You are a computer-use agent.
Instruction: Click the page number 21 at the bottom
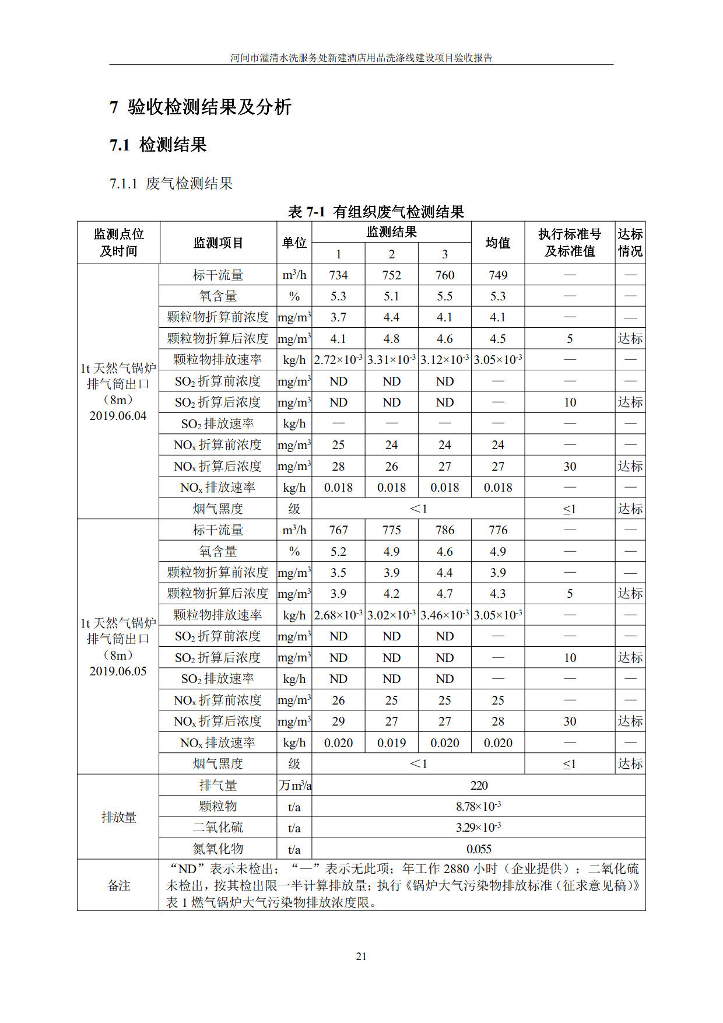click(361, 956)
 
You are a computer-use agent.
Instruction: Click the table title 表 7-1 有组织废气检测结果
click(375, 212)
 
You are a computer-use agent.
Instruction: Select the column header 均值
click(497, 243)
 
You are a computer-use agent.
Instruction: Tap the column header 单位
click(294, 243)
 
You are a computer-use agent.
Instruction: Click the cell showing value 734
click(338, 275)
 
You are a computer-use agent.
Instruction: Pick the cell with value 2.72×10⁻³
click(338, 360)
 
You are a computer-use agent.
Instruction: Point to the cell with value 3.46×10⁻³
click(444, 615)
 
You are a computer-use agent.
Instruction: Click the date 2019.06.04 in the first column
click(118, 416)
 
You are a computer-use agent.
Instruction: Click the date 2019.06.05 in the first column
click(118, 671)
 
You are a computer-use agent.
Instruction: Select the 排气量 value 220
click(479, 785)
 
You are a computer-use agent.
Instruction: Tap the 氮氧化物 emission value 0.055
click(479, 849)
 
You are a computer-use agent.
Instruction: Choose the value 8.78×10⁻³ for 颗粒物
click(479, 807)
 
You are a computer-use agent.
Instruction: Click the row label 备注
click(118, 885)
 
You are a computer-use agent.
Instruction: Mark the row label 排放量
click(118, 817)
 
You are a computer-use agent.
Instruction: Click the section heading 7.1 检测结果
click(158, 145)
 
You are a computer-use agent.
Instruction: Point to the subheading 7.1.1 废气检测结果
click(171, 184)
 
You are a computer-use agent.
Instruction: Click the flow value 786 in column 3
click(444, 530)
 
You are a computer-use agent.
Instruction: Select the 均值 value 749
click(497, 275)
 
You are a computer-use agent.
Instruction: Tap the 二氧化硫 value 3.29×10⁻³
click(479, 828)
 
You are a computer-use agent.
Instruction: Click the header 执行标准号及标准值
click(569, 243)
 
